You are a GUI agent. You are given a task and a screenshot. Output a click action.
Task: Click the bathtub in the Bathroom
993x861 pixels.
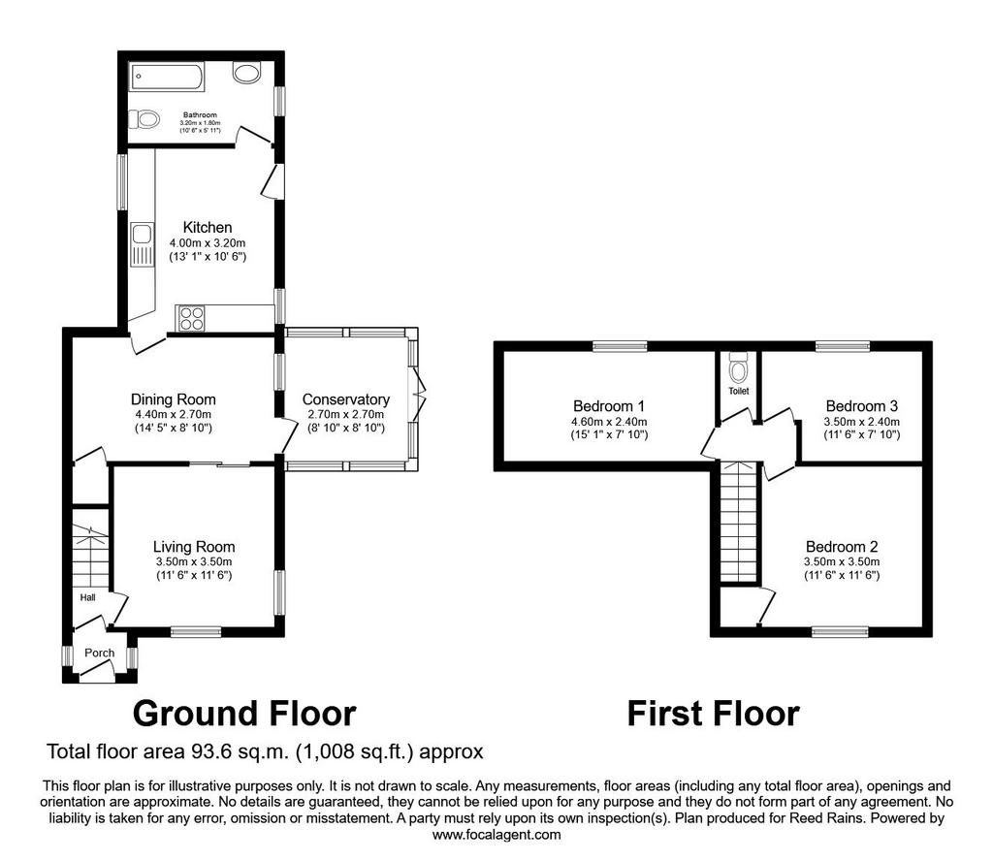(x=167, y=76)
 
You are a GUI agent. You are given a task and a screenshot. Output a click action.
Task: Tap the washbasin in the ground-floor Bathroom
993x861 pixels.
(x=246, y=72)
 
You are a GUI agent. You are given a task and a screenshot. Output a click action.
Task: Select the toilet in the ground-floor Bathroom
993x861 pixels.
(x=144, y=119)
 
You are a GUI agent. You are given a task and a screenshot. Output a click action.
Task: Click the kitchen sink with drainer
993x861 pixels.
(x=142, y=244)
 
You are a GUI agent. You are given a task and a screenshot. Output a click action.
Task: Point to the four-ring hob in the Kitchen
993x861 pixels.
(x=192, y=318)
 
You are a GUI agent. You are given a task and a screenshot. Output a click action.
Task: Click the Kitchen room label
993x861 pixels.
(x=208, y=227)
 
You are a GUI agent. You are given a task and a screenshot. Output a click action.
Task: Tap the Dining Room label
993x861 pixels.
(x=174, y=399)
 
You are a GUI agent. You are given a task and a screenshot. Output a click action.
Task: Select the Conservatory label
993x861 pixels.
(x=346, y=399)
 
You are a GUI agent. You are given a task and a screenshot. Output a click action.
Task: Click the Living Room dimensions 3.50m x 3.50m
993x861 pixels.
(x=194, y=561)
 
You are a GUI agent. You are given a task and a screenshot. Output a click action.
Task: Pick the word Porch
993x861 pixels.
(x=100, y=653)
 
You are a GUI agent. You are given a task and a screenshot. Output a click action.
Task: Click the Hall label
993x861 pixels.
(x=88, y=597)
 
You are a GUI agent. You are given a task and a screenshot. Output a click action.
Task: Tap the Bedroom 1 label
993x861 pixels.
(x=609, y=406)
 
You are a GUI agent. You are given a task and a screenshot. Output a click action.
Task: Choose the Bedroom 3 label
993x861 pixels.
(x=862, y=406)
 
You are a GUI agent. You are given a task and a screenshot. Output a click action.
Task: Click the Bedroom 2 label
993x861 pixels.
(x=842, y=547)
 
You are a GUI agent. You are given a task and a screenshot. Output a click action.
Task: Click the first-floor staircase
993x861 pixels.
(x=739, y=522)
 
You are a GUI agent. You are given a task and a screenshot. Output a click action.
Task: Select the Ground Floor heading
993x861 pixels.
(x=244, y=714)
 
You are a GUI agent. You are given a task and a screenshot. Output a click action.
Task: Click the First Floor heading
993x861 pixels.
(x=713, y=714)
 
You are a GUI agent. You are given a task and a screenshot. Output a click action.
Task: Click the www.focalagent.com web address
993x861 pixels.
(x=496, y=835)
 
